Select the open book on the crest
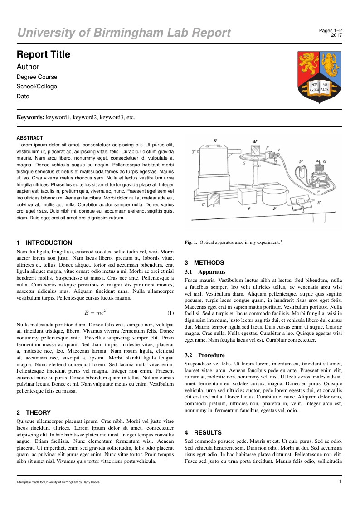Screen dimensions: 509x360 pos(319,87)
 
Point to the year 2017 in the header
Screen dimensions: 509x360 pos(336,35)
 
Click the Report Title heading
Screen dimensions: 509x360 pos(44,54)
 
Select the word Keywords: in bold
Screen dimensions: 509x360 pos(30,117)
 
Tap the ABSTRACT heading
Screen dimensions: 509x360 pos(30,138)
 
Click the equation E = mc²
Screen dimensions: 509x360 pos(95,313)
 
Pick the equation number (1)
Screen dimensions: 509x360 pos(170,313)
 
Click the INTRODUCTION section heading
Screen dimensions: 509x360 pos(49,242)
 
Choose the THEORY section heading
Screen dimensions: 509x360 pos(39,412)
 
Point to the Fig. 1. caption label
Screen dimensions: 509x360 pos(191,242)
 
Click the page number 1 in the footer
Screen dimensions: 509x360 pos(341,481)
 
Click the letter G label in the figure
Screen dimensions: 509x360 pos(325,161)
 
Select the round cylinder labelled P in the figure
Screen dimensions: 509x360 pos(274,197)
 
